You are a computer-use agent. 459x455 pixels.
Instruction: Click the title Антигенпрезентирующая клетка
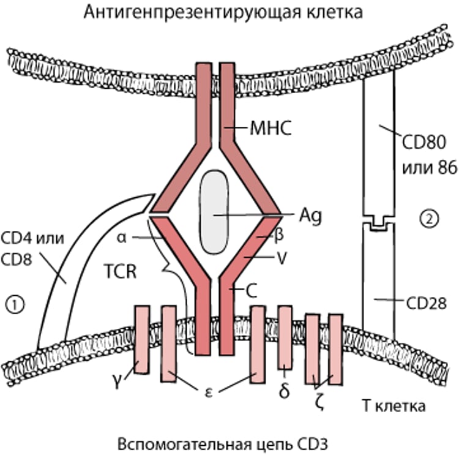(x=229, y=12)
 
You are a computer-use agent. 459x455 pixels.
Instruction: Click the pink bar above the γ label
(x=142, y=340)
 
